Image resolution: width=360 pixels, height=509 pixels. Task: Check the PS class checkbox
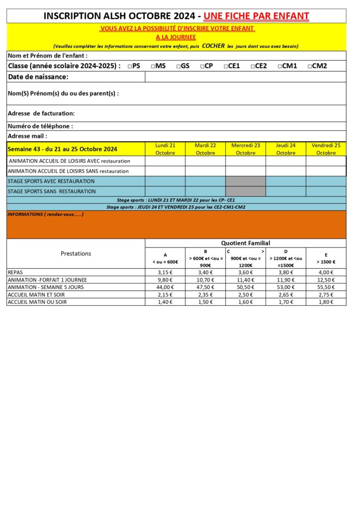[129, 66]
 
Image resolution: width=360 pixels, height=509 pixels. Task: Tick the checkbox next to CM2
[309, 66]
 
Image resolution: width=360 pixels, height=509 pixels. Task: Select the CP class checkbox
[202, 66]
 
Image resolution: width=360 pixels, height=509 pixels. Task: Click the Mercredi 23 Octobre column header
[246, 149]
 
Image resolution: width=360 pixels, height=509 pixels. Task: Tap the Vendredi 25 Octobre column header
[326, 149]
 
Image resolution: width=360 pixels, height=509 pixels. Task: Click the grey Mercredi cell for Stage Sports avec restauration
[246, 181]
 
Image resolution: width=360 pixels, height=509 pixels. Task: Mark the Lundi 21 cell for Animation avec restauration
[165, 161]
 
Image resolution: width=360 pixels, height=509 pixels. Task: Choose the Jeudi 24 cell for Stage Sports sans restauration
[285, 191]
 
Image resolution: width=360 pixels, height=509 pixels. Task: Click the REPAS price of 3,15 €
[165, 272]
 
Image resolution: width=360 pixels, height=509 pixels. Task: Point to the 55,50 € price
[326, 287]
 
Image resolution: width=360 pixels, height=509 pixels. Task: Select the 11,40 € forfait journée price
[246, 280]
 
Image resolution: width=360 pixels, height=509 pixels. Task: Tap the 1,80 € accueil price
[326, 302]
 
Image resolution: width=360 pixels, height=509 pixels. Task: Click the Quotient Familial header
[246, 243]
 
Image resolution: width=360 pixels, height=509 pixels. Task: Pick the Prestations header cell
[76, 254]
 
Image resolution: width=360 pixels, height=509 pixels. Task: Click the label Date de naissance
[38, 77]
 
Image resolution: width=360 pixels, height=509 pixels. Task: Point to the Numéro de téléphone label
[40, 126]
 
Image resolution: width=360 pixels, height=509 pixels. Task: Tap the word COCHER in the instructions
[213, 46]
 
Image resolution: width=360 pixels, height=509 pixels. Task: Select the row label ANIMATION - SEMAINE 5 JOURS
[46, 287]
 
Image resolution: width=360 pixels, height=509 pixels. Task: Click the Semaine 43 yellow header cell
[63, 149]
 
